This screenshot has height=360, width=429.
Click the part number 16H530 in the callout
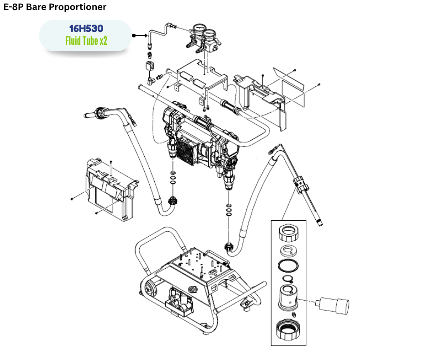pos(86,29)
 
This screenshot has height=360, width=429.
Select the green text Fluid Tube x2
pos(86,41)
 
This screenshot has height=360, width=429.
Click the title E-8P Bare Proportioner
pos(55,7)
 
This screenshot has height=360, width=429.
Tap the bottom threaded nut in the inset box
pos(288,330)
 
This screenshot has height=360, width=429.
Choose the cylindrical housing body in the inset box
pos(288,298)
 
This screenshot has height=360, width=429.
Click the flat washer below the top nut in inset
pos(288,250)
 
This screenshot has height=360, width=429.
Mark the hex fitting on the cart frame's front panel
pos(192,289)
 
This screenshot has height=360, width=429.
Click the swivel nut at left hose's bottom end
pos(173,200)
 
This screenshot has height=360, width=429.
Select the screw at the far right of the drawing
pos(319,85)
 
